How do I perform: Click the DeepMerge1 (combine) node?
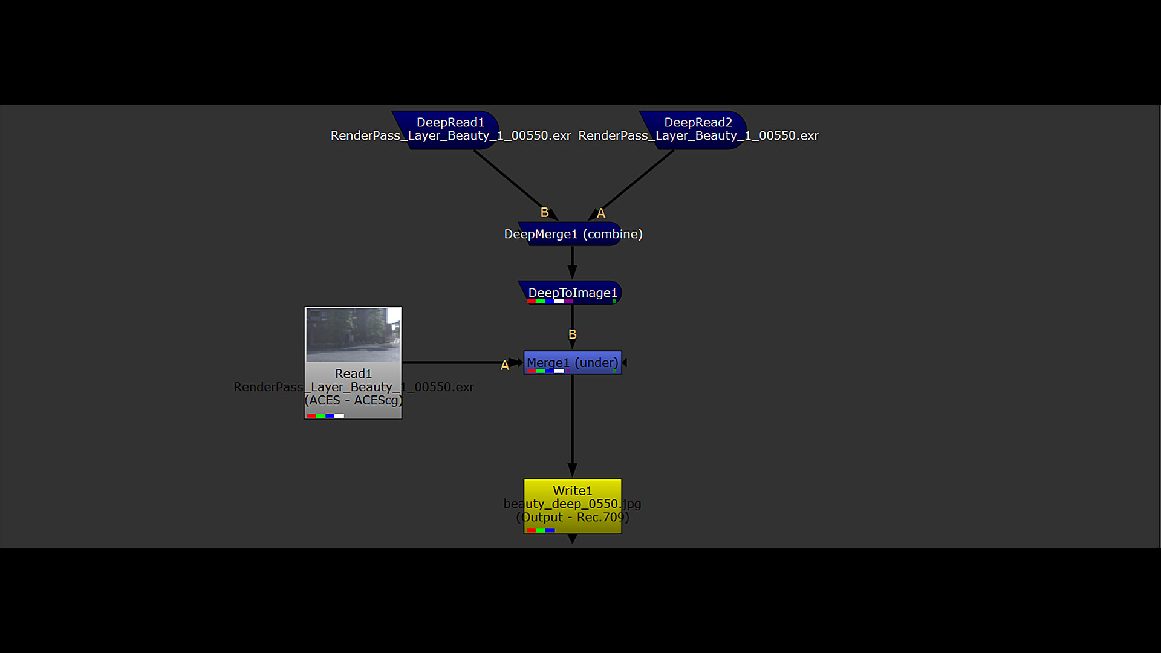pos(571,234)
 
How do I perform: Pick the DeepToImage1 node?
pos(571,293)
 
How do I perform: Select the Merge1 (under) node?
pos(573,363)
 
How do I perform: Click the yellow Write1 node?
pos(573,507)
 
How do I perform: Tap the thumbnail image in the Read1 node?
pos(353,334)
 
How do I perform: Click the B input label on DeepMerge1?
pos(544,213)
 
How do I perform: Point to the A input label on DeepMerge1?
pos(600,213)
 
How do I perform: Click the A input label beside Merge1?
pos(504,365)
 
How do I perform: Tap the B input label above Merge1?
pos(572,334)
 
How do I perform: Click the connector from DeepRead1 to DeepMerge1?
pos(516,185)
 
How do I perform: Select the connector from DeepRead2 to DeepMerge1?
pos(631,185)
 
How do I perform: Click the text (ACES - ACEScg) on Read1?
pos(353,400)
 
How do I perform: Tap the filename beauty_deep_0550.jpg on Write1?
pos(573,504)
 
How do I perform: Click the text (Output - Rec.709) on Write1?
pos(573,517)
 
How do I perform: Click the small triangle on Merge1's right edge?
pos(625,363)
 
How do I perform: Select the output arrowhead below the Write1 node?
pos(572,539)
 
